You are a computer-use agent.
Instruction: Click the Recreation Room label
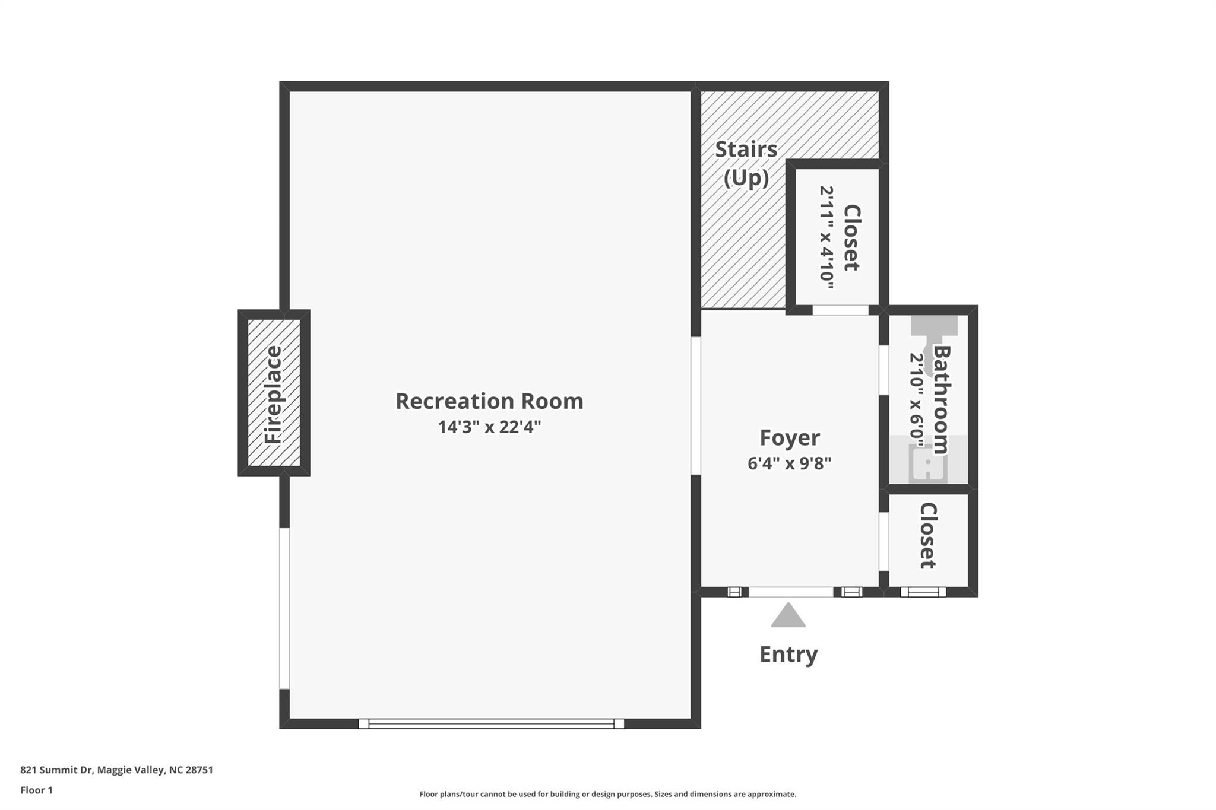489,401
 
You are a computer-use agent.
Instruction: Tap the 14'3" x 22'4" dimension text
489,427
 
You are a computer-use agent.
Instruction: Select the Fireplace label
273,395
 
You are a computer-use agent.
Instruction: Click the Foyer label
790,438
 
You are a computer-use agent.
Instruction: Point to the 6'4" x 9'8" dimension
789,463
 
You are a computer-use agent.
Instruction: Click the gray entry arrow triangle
788,615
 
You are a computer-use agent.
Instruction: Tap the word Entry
788,655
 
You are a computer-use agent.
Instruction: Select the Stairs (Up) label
746,163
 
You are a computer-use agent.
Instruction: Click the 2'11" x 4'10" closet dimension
826,237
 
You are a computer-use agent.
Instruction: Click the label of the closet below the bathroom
927,536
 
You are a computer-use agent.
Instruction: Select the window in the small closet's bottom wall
923,592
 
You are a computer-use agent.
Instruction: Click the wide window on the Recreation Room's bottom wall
491,723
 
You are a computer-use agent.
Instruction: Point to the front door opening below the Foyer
791,592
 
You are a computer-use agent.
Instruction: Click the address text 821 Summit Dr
57,770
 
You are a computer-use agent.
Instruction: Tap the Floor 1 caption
36,790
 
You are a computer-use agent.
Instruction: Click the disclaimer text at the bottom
608,794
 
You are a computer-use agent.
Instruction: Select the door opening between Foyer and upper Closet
840,310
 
